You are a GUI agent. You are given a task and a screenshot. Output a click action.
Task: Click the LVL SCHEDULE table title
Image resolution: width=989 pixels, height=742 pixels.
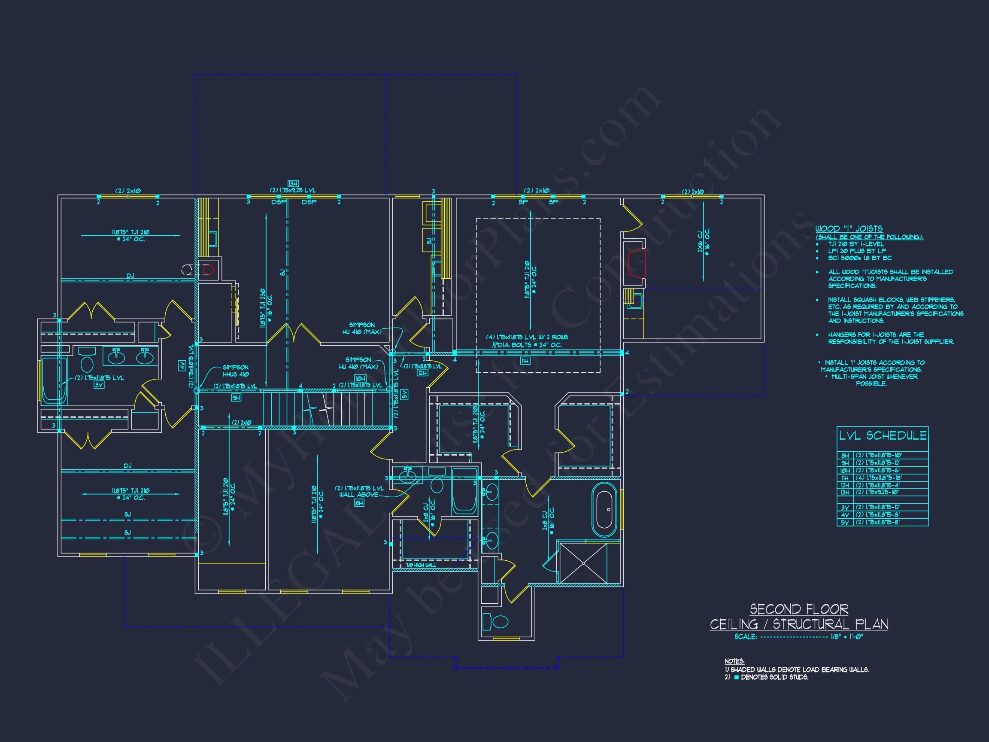(x=882, y=436)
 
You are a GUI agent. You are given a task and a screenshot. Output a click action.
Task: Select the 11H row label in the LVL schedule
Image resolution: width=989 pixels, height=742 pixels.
(x=845, y=478)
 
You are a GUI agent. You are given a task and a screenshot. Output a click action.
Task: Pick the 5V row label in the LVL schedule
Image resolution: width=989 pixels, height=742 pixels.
(x=845, y=522)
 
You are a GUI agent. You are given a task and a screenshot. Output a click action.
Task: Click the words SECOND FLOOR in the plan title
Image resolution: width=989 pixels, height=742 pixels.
(x=798, y=609)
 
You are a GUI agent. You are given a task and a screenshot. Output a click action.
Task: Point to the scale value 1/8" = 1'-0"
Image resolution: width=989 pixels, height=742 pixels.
(x=847, y=636)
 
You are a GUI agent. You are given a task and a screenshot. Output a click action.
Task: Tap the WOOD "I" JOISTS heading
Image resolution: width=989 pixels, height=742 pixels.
(x=849, y=228)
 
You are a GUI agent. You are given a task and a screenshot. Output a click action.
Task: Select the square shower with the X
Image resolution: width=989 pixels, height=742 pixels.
(x=583, y=563)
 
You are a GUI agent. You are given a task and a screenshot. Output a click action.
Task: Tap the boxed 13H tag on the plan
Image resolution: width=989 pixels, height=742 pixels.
(x=293, y=183)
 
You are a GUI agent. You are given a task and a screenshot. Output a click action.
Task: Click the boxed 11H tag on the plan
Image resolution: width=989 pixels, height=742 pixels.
(x=525, y=361)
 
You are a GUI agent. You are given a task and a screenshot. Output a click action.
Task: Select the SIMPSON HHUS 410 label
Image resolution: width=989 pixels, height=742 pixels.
(x=236, y=371)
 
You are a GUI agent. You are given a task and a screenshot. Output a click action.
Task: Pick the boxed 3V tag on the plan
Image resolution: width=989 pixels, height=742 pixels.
(x=99, y=385)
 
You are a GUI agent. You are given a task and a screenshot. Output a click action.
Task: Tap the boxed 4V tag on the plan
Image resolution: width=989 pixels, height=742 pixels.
(x=182, y=365)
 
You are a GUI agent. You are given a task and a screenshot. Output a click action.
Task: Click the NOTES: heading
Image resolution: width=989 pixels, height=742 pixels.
(x=734, y=661)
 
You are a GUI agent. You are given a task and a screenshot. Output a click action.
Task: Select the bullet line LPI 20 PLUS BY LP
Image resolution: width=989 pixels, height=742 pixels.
(x=856, y=251)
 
